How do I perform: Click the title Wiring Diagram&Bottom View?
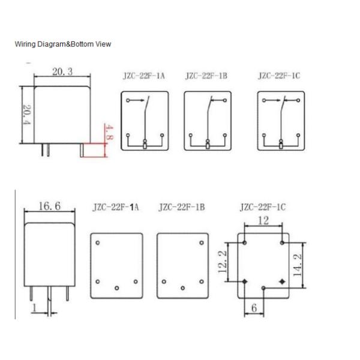coord(63,44)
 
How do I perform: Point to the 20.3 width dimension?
coord(62,72)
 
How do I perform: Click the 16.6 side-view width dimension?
coord(49,206)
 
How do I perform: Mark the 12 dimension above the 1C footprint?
coord(263,220)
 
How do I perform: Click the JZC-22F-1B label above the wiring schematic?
coord(206,76)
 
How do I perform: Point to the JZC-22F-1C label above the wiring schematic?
coord(280,76)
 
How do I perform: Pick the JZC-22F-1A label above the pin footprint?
coord(116,208)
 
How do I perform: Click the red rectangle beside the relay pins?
coord(94,149)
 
